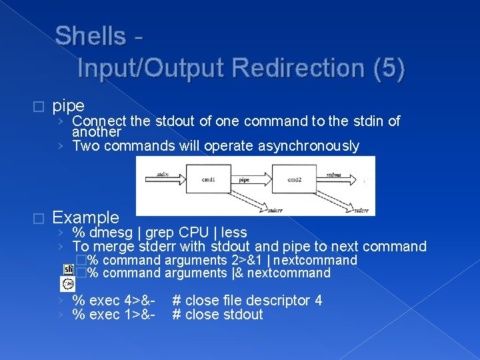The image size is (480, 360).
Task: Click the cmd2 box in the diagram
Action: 293,179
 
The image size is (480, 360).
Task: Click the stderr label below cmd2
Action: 361,209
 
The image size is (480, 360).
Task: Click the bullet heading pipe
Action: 68,106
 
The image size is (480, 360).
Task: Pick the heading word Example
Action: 85,217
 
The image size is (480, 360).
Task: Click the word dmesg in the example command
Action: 113,233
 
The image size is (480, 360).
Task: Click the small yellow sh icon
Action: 68,269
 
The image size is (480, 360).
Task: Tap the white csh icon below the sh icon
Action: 68,284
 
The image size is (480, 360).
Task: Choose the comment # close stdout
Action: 217,315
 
